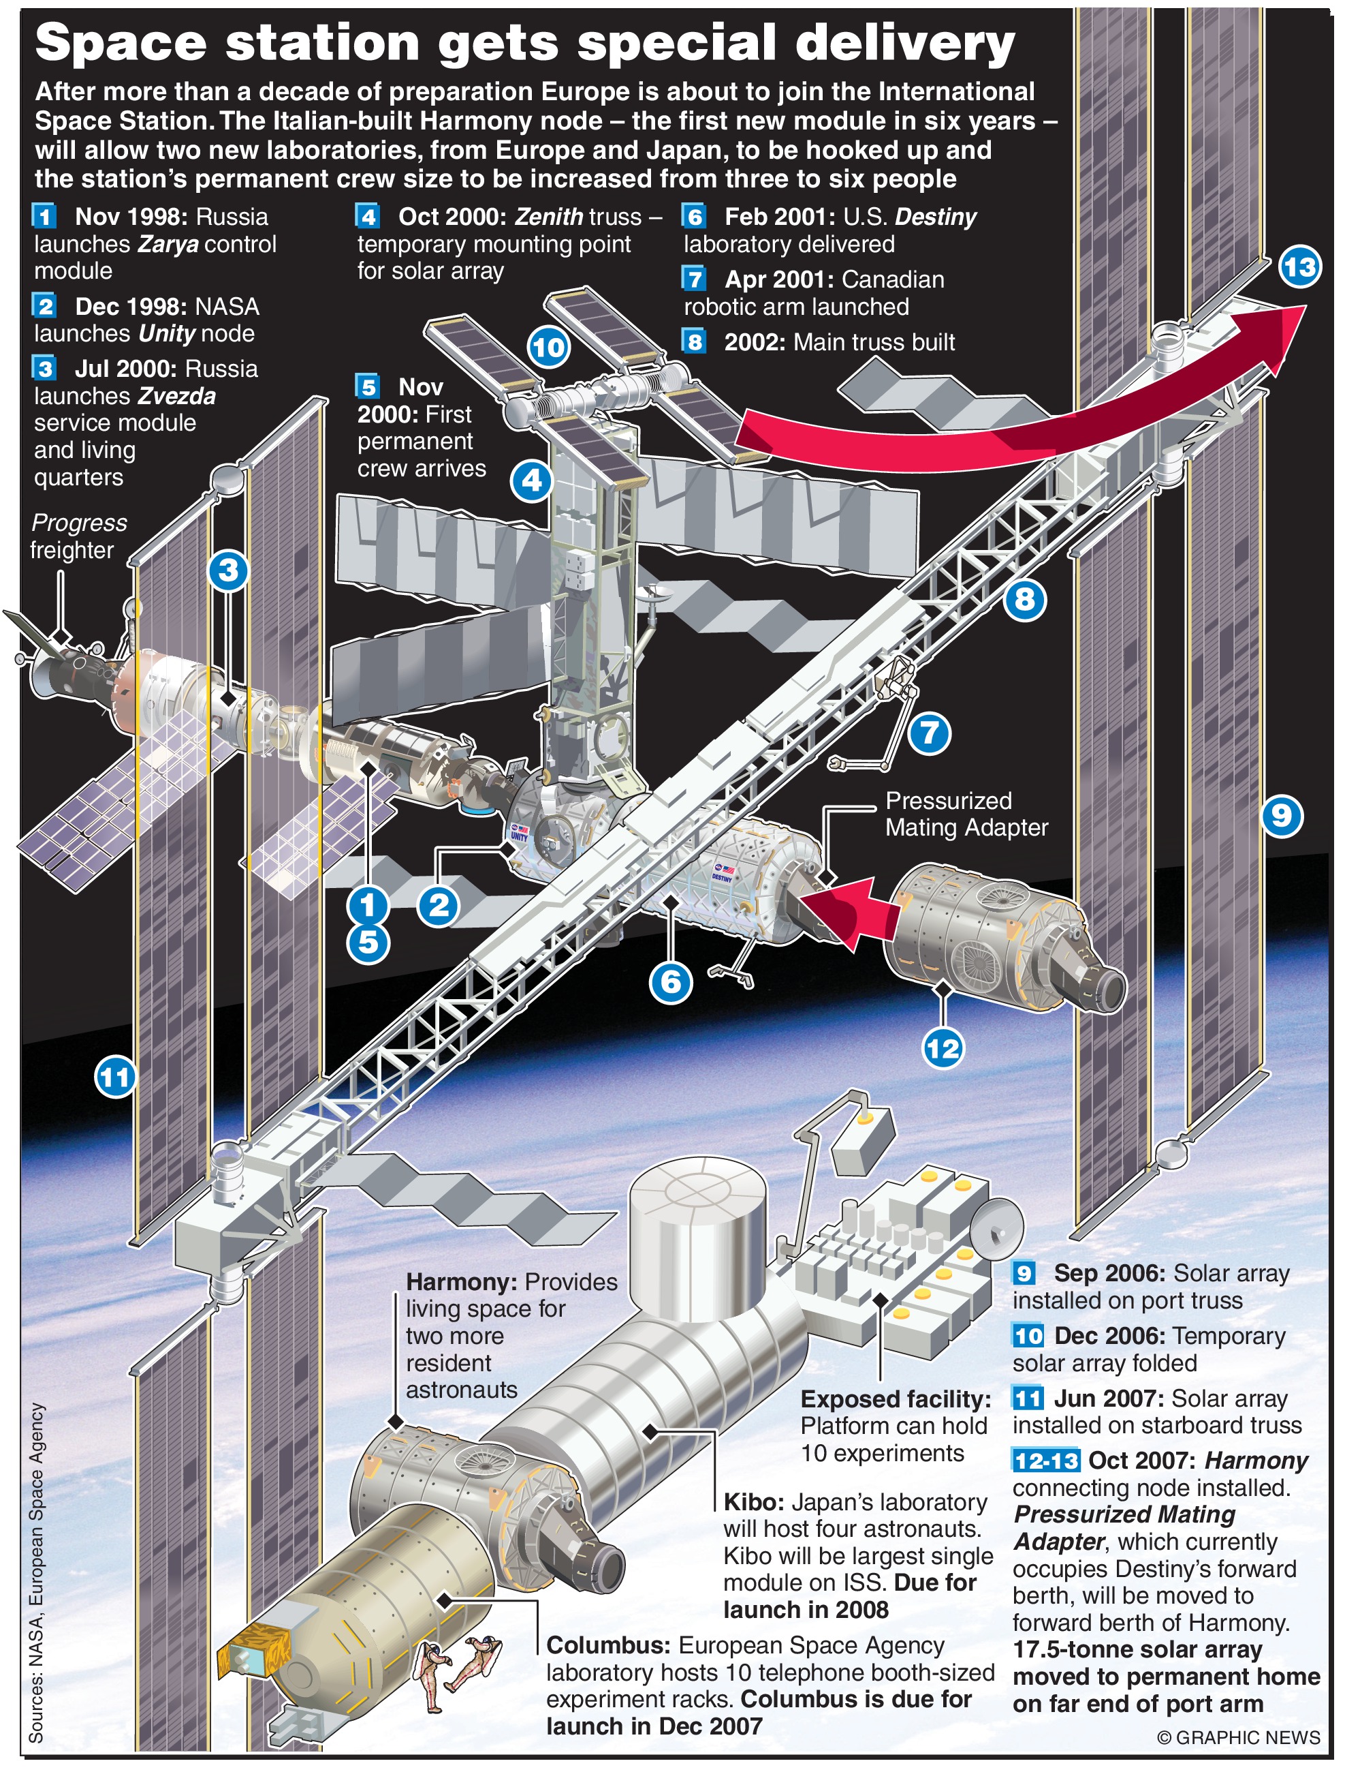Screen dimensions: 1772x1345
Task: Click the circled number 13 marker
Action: tap(1299, 266)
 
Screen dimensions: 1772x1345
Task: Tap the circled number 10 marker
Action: tap(548, 348)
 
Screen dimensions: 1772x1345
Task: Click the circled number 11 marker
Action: tap(114, 1077)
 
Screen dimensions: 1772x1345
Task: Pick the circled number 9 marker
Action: tap(1281, 816)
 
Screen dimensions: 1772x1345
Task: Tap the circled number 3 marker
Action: tap(228, 570)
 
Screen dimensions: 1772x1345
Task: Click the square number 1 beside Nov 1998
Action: tap(44, 216)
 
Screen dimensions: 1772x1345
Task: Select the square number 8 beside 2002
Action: tap(694, 342)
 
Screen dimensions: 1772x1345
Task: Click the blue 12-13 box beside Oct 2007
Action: tap(1045, 1461)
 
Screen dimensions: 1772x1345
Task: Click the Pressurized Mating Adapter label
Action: tap(966, 814)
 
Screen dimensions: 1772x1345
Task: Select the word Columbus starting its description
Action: tap(607, 1645)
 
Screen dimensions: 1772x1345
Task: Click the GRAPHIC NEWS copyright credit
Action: tap(1239, 1737)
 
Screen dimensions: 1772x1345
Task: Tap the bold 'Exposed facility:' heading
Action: tap(895, 1399)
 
